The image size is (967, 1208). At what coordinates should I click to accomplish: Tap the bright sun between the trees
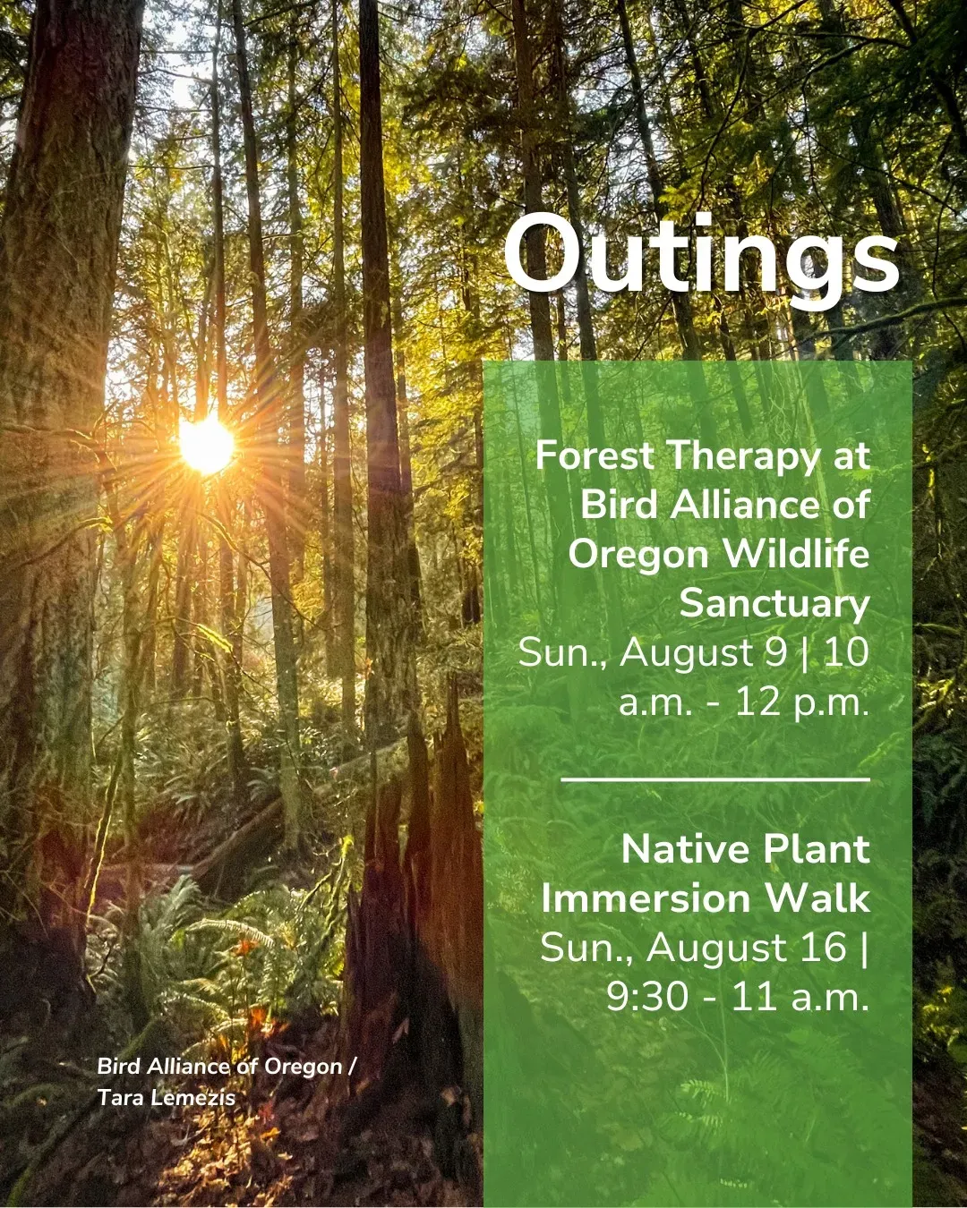click(206, 445)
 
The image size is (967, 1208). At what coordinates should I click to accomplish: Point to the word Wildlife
click(796, 554)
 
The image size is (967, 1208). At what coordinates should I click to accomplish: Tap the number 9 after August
click(776, 653)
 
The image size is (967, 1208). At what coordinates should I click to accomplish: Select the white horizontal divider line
click(715, 779)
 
